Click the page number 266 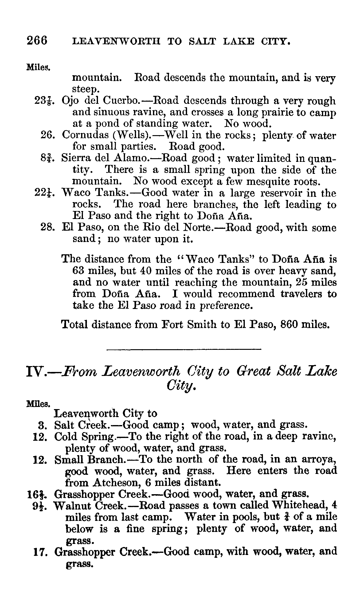tap(37, 40)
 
